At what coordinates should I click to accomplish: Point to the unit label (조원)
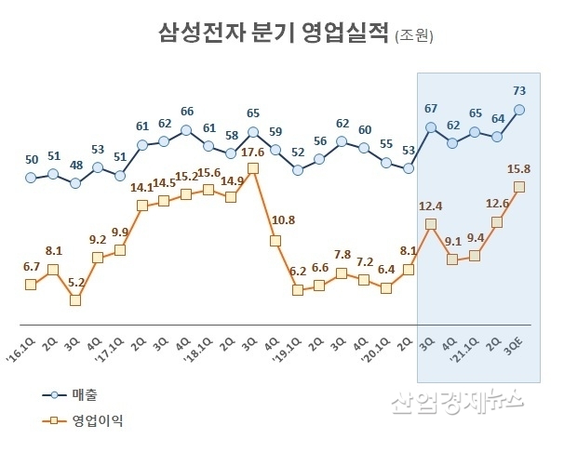[x=414, y=36]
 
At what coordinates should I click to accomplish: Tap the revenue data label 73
[x=519, y=90]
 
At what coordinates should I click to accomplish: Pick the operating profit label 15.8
[x=519, y=168]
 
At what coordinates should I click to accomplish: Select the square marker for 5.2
[x=75, y=299]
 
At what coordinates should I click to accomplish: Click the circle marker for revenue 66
[x=186, y=130]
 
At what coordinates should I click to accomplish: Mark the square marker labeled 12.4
[x=430, y=223]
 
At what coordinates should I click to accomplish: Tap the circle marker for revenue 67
[x=430, y=127]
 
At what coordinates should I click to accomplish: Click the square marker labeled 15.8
[x=519, y=187]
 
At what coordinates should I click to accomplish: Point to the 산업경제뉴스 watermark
[x=458, y=399]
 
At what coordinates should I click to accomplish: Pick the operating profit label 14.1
[x=141, y=188]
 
